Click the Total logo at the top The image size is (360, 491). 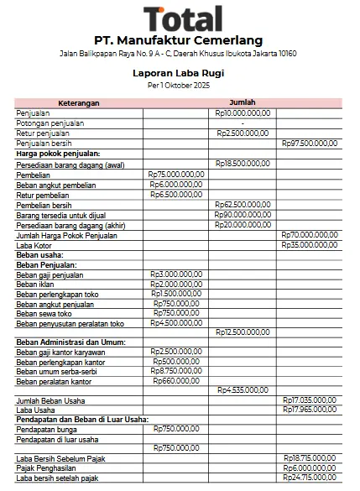[183, 18]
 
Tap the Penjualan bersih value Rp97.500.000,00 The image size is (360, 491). [310, 144]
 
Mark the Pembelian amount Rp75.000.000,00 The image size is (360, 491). [177, 175]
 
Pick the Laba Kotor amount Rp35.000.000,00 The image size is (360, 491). [310, 245]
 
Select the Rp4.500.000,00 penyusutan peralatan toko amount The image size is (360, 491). [177, 323]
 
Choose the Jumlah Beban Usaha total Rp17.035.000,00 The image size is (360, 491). [310, 400]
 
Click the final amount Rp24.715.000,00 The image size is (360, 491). [310, 478]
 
